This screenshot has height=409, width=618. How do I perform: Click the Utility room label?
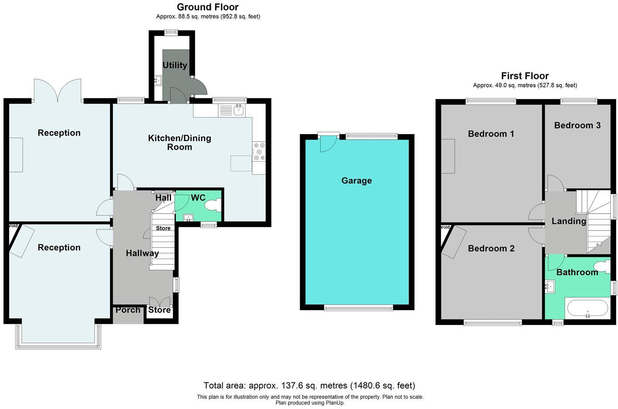tap(175, 65)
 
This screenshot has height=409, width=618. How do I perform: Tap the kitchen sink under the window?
tap(239, 111)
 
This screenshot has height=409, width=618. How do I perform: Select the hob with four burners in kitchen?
tap(259, 152)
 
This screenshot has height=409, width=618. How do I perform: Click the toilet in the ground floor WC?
tap(213, 205)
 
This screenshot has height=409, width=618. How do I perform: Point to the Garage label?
tap(356, 180)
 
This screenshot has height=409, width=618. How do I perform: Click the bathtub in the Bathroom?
tap(587, 308)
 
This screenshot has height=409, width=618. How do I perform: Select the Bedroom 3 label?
tap(577, 125)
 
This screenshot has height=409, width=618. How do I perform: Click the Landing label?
tap(568, 221)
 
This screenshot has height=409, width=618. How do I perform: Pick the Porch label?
tap(128, 310)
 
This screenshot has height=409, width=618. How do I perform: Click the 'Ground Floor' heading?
tap(208, 7)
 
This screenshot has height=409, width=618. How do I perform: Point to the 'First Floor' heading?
tap(525, 76)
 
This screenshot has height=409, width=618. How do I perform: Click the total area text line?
tap(309, 385)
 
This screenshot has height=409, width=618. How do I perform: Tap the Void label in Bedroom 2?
tap(445, 227)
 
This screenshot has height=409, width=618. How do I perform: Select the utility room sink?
tap(158, 80)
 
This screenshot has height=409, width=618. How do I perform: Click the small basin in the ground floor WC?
tap(188, 217)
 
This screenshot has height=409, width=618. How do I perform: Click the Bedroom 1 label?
tap(491, 134)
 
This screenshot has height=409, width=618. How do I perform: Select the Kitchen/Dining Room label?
tap(179, 142)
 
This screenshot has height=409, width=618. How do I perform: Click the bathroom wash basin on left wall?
tap(549, 287)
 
